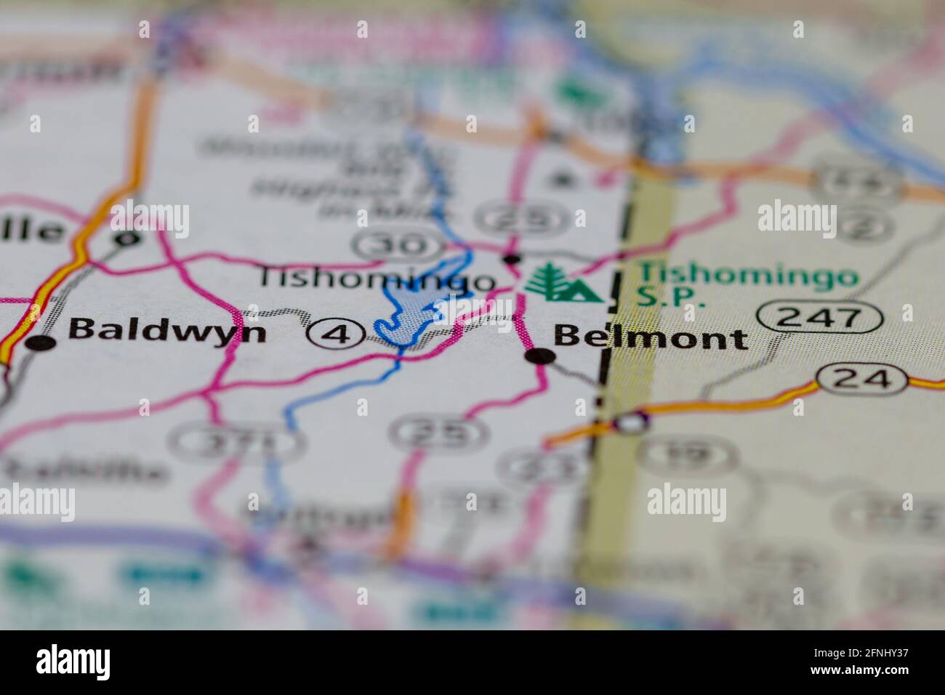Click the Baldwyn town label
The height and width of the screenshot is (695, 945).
167,332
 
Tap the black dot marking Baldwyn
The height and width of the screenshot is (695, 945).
42,343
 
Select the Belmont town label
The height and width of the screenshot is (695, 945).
650,338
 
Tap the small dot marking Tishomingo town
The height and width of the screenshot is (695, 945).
512,258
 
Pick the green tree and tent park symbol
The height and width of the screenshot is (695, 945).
563,284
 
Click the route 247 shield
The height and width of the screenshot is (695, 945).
820,318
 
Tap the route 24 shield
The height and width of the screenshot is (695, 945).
861,378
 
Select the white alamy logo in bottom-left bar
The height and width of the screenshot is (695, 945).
73,662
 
